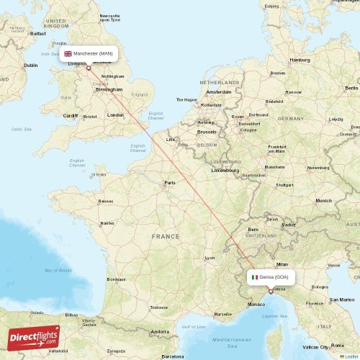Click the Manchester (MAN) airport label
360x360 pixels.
[89, 54]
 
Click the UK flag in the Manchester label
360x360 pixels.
[68, 54]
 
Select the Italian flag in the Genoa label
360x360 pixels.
[254, 276]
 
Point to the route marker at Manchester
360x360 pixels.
[89, 68]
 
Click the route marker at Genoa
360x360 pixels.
[270, 292]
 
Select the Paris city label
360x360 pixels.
[170, 183]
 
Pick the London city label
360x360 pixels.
[115, 114]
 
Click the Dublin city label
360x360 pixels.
[30, 66]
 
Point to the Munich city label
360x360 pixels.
[324, 201]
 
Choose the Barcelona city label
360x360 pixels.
[173, 356]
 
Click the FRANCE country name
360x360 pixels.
[166, 236]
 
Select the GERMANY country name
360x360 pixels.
[291, 118]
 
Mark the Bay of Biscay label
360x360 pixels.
[58, 271]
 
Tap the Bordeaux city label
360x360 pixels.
[116, 279]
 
